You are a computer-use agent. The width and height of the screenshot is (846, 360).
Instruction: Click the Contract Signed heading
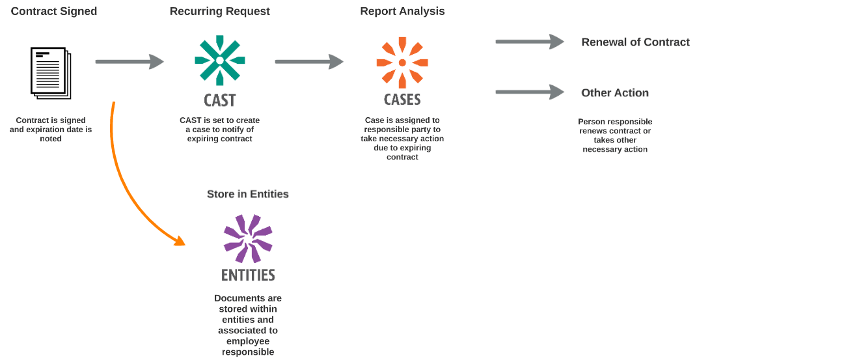coord(54,11)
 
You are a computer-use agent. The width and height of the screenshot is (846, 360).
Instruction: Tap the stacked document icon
coord(51,72)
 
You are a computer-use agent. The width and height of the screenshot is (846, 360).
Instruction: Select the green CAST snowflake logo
coord(220,60)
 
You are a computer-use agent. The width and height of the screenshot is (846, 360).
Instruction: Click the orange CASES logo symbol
coord(402,62)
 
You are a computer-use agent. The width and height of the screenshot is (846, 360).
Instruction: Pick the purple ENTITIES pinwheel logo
coord(248,238)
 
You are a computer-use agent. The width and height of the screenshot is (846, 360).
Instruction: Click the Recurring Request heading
coord(220,11)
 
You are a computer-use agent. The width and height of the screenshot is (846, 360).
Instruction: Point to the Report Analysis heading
coord(402,11)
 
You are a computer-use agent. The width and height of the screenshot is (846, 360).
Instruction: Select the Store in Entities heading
coord(248,194)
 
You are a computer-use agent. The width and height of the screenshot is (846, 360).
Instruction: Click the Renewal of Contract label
coord(635,42)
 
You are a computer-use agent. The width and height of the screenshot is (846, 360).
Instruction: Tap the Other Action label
coord(615,93)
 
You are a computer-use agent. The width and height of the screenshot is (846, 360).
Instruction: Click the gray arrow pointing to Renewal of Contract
coord(529,42)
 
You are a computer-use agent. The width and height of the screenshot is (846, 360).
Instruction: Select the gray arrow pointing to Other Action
coord(529,92)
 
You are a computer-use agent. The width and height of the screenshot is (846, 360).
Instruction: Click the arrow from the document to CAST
coord(130,62)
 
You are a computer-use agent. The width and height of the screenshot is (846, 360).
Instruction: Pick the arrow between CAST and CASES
coord(309,62)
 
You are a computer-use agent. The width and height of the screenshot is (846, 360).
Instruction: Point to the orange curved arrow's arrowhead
coord(179,241)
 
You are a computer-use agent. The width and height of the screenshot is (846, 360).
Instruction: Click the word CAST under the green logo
coord(220,100)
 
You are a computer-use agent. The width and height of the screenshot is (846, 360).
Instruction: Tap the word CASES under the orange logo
coord(402,100)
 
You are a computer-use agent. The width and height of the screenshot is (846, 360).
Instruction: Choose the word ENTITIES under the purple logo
coord(248,275)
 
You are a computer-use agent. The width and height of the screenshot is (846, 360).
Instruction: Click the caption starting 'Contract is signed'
coord(51,130)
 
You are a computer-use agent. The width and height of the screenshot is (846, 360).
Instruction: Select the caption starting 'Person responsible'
coord(615,135)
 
